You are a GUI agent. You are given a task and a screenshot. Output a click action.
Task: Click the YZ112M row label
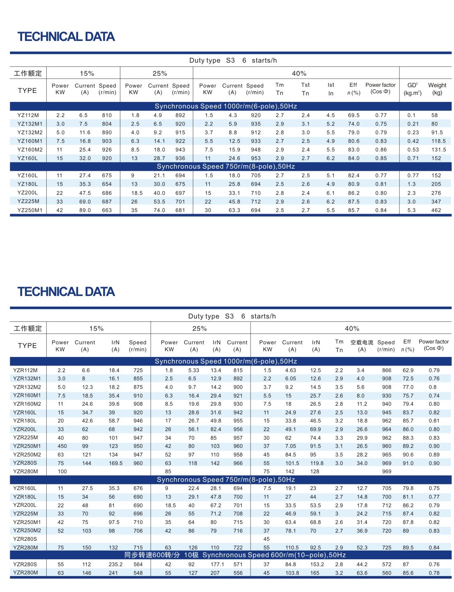(28, 115)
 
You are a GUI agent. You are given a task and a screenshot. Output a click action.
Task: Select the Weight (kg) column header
(437, 89)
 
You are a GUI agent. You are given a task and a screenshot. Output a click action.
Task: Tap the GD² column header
(412, 89)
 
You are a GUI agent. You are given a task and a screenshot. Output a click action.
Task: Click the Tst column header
(305, 89)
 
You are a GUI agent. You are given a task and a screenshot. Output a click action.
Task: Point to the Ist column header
(331, 89)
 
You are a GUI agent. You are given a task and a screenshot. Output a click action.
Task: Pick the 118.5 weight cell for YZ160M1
(438, 141)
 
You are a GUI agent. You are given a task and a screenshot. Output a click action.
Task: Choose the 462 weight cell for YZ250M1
(436, 210)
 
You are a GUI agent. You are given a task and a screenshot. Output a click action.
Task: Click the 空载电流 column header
(362, 346)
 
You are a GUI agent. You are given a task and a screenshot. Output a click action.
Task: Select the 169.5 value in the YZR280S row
(116, 463)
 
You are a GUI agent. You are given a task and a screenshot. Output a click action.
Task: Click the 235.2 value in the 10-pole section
(115, 565)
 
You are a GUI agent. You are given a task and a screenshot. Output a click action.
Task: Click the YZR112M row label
(25, 371)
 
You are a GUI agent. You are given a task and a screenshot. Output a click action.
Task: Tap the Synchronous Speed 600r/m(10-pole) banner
(235, 555)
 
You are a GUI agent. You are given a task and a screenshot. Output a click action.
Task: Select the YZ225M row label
(28, 201)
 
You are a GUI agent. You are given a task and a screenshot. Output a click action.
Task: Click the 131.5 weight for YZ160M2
(438, 150)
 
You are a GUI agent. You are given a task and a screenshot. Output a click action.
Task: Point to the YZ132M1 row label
(30, 124)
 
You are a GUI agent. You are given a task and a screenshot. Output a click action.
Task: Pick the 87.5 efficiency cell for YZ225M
(354, 202)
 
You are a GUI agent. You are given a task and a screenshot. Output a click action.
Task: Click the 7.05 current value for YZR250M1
(291, 446)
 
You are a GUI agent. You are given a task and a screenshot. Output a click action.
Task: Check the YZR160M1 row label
(28, 396)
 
